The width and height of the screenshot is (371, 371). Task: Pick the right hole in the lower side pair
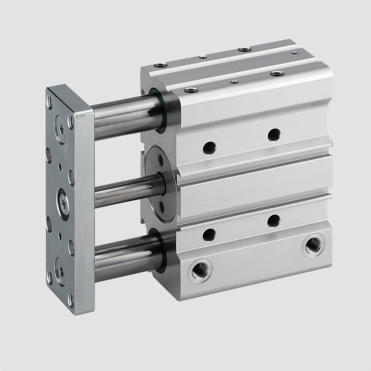(275, 221)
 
